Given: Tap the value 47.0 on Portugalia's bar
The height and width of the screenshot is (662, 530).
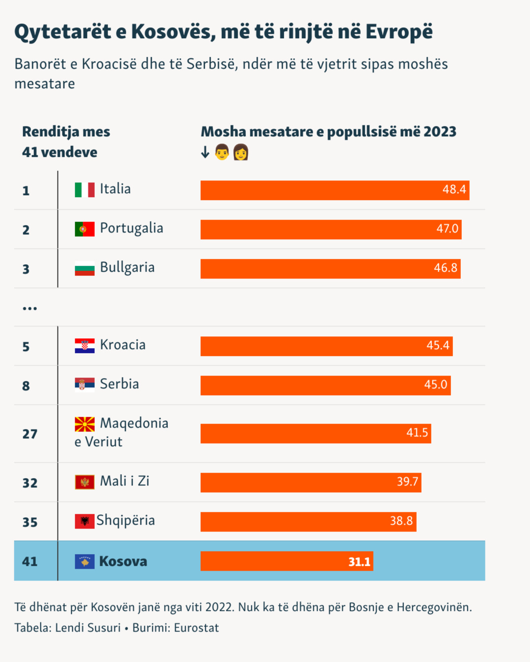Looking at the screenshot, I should tap(447, 229).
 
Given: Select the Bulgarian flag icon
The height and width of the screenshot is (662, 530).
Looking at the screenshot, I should tap(84, 269).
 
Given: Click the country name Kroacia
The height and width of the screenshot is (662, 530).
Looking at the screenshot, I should tap(123, 345).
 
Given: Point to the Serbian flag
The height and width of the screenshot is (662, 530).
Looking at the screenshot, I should tap(84, 384).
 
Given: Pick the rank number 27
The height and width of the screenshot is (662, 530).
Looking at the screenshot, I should tap(30, 434).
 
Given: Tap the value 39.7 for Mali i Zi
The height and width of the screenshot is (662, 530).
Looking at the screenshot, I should tap(407, 482).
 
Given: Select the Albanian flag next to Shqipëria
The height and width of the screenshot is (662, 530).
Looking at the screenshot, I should tap(84, 521).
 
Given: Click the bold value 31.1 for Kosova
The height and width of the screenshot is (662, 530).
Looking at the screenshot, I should tap(359, 562).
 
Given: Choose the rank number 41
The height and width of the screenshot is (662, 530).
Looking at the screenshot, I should tap(30, 561).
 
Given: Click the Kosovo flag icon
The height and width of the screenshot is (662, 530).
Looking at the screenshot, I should tap(84, 561).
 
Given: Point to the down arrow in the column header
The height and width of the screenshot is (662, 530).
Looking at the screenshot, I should tap(205, 153).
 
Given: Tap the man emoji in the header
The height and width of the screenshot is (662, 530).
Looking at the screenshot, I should tap(222, 153).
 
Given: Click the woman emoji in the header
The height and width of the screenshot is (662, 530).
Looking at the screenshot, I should tap(240, 153).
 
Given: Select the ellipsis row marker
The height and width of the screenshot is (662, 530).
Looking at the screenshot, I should tap(30, 308).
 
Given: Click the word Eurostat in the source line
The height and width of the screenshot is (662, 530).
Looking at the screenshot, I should tap(196, 628).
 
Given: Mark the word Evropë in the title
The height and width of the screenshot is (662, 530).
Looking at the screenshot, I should tap(399, 32).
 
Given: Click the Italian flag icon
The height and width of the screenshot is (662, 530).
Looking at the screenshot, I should tap(84, 190).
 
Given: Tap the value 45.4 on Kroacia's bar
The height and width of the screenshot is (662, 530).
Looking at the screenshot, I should tap(438, 346).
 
